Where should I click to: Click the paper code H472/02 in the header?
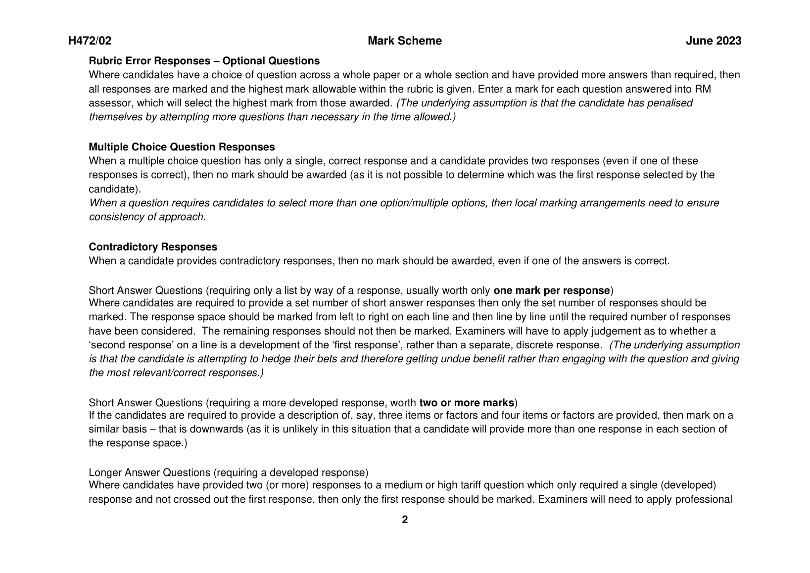click(x=90, y=41)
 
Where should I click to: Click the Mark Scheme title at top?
click(x=404, y=41)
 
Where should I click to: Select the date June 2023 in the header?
click(x=713, y=41)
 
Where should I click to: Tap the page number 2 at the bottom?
click(x=405, y=520)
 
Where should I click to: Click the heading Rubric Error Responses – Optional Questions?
click(x=204, y=61)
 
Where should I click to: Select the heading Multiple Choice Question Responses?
click(x=182, y=147)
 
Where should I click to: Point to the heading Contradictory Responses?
click(x=152, y=247)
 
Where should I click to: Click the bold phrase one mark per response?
click(x=551, y=290)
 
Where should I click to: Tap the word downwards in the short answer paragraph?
click(x=219, y=429)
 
